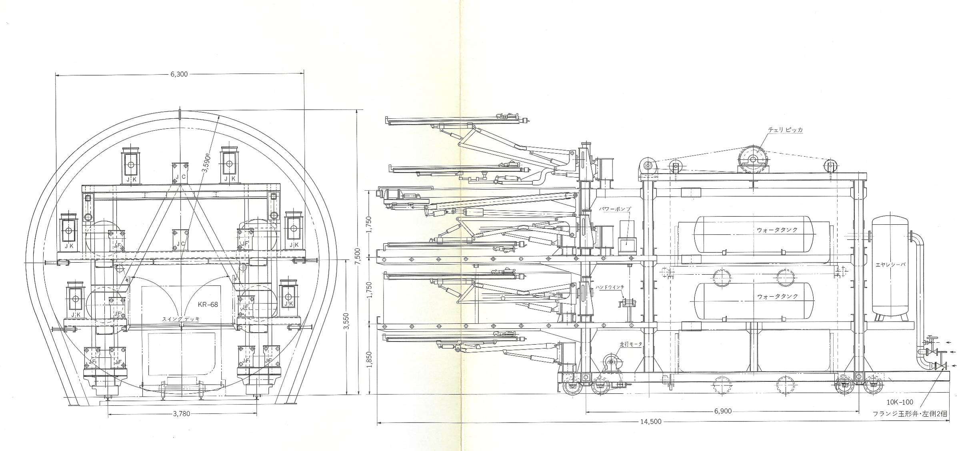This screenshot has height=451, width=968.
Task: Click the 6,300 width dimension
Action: pos(179,74)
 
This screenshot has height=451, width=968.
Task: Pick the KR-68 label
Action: pos(208,304)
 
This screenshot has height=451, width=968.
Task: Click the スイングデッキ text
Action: pos(180,319)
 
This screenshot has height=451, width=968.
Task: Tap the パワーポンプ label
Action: pos(615,209)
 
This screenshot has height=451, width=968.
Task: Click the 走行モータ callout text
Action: pos(631,344)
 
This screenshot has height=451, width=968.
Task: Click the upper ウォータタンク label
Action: pos(777,230)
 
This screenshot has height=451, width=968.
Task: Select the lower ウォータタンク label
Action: pos(777,296)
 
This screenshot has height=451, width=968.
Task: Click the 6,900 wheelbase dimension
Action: pos(722,411)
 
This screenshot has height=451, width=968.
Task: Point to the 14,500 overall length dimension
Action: pos(651,421)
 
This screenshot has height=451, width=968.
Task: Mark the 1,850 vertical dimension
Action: pos(370,359)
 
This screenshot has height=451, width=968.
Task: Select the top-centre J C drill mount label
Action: pos(180,177)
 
